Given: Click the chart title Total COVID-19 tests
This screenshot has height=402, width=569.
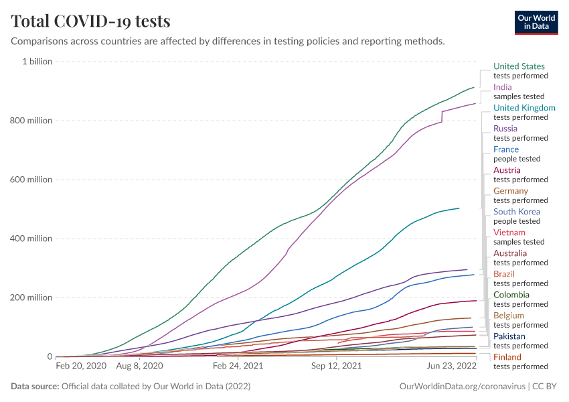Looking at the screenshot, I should (x=90, y=21).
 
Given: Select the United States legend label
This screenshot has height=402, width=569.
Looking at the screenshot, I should (x=519, y=66).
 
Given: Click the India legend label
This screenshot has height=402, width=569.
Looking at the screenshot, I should (x=503, y=87).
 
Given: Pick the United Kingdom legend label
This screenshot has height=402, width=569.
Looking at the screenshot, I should (x=524, y=108).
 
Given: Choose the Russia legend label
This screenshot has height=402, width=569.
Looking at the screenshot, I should (x=505, y=129).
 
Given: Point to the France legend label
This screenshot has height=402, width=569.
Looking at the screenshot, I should (x=506, y=149).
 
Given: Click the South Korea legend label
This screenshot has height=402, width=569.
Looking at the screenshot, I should (x=517, y=212).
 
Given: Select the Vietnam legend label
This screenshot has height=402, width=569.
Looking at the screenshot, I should (x=509, y=232).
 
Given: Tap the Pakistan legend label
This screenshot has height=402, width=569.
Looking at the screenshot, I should (x=509, y=336).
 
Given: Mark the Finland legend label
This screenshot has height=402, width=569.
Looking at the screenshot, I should (x=507, y=357).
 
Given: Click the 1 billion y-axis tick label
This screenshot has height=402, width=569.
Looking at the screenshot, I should (x=37, y=62).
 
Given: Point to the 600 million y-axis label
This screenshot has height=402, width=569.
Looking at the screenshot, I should (x=30, y=180).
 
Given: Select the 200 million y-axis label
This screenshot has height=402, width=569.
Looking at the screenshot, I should (x=30, y=297).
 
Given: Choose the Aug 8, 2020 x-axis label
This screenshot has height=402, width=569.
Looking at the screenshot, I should (x=139, y=366).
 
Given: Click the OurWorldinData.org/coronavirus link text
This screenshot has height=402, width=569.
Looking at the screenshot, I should (x=461, y=387).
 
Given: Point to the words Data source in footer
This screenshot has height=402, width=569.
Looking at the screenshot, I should (x=33, y=387).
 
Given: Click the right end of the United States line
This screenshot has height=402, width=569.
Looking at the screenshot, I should (x=474, y=87).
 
